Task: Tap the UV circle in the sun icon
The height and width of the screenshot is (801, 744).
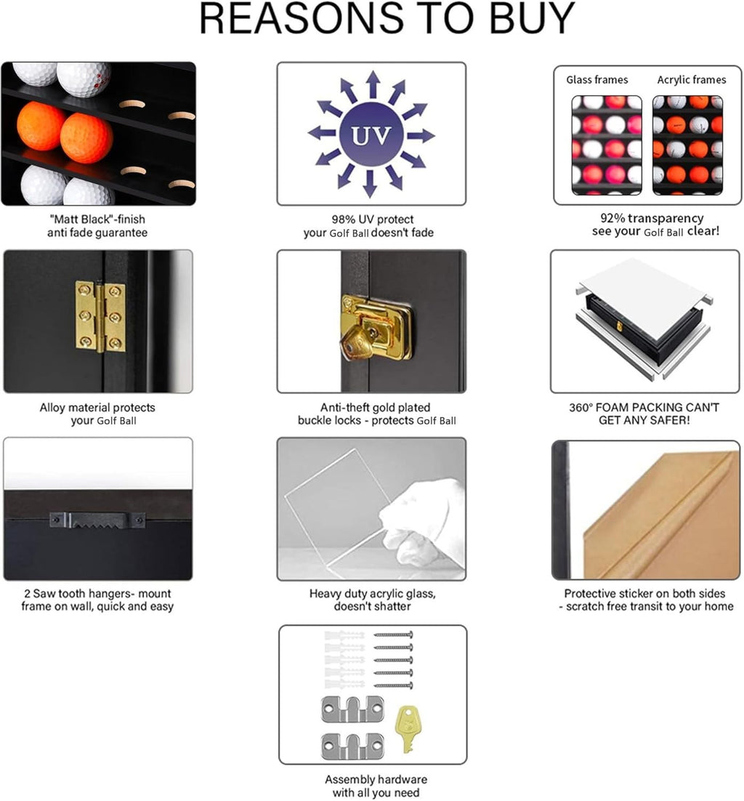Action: pos(371,134)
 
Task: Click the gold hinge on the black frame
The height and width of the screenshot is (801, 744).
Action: pos(100,317)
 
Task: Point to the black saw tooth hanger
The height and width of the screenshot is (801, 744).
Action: pos(97,520)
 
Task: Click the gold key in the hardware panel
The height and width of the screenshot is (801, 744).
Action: pos(409,728)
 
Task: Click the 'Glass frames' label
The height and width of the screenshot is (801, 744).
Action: pos(597,80)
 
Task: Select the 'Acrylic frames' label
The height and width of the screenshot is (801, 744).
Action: pos(691,80)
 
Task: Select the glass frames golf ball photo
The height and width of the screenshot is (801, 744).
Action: pos(607,145)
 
